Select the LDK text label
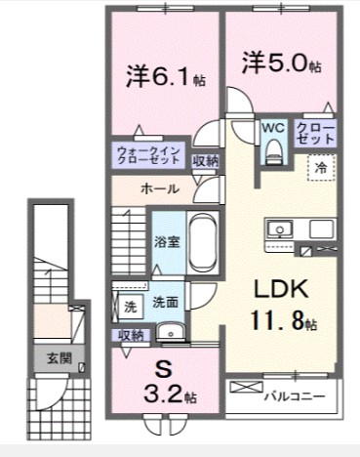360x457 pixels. point(283,289)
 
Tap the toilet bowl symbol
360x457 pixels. point(273,148)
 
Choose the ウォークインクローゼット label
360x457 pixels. point(148,153)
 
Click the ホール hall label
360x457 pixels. point(160,187)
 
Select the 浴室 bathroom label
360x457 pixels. point(165,241)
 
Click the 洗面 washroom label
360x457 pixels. point(164,304)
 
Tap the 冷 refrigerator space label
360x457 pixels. point(321,168)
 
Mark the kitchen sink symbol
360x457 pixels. point(278,231)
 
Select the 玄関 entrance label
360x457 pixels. point(50,358)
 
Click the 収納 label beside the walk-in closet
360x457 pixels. point(205,161)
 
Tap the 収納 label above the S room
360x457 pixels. point(132,335)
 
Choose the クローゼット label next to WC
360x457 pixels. point(315,134)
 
